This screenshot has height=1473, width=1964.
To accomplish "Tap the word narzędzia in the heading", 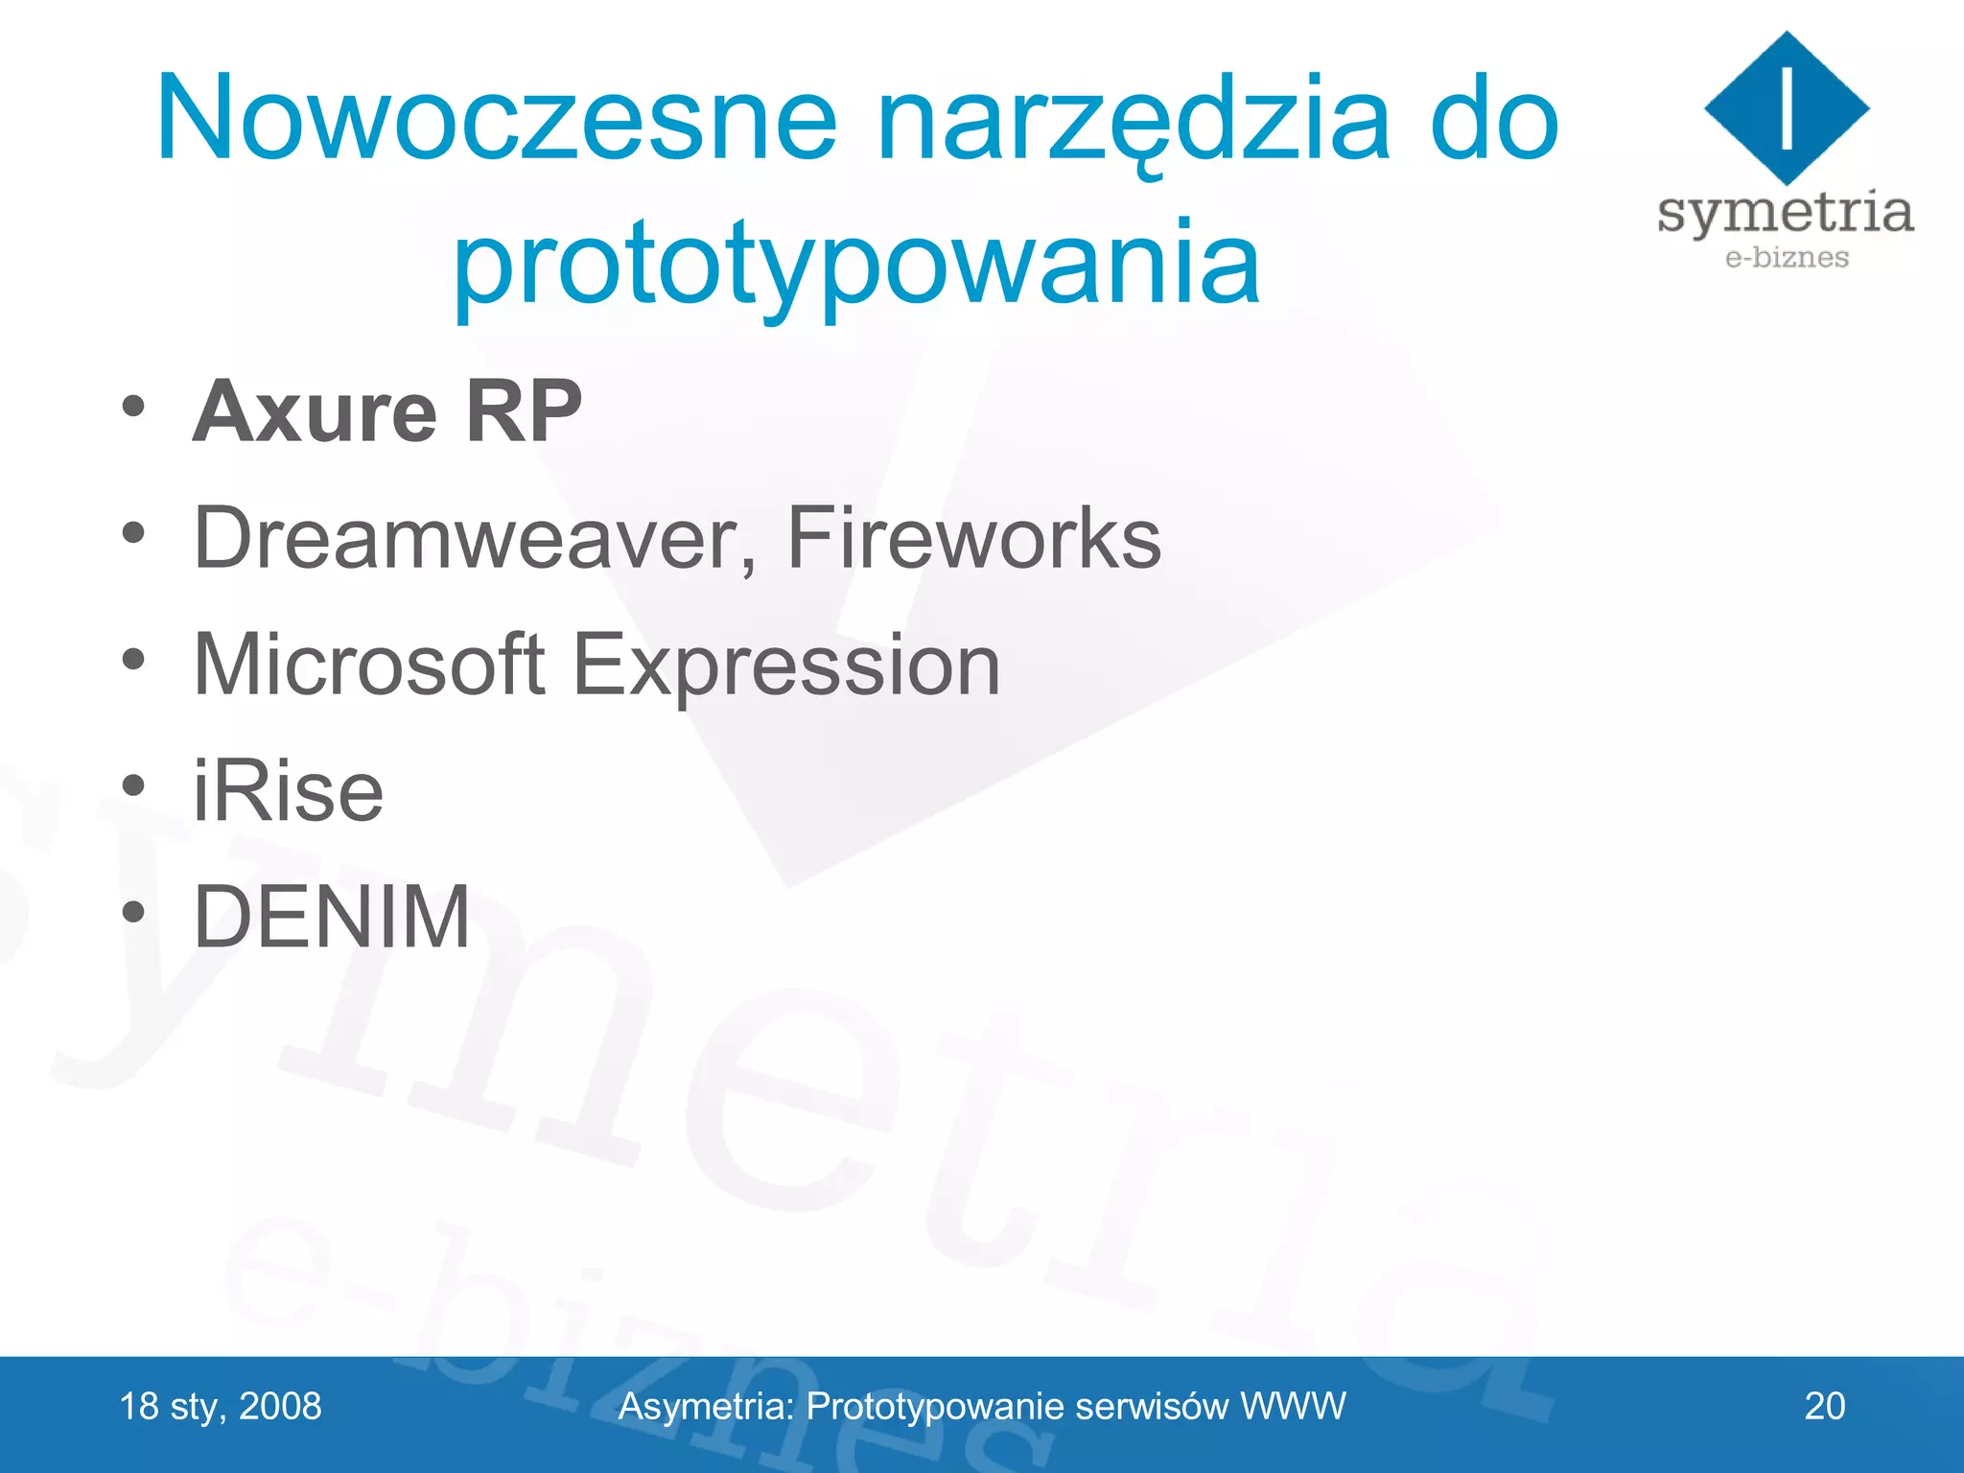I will [1132, 120].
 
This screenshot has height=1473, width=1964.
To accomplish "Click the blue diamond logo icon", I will [1786, 107].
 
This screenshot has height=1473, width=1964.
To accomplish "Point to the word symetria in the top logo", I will [1785, 213].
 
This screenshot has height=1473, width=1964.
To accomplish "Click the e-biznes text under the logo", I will [1786, 258].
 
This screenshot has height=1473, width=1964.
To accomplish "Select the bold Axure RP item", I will [387, 412].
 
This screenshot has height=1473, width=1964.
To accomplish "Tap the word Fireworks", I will [972, 539].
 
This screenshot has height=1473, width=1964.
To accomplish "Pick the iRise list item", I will [288, 792].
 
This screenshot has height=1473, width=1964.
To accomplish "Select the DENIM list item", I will [332, 918].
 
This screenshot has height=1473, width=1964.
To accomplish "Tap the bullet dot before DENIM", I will [133, 912].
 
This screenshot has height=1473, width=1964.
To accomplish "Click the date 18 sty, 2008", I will [221, 1407].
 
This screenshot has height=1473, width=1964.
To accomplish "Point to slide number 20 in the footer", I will [1824, 1407].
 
